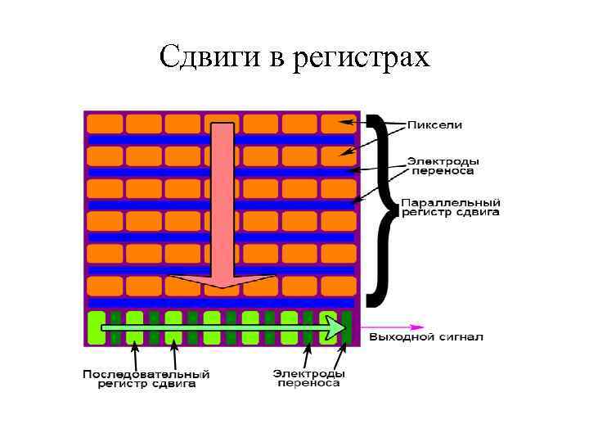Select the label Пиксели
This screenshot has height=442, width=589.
[435, 125]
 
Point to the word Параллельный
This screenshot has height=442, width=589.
[450, 201]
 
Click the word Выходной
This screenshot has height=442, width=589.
[399, 336]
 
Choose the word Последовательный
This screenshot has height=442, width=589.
[146, 374]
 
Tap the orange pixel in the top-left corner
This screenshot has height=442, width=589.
[105, 124]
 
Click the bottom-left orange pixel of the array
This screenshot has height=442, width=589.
[105, 286]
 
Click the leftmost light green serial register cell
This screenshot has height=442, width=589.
[96, 327]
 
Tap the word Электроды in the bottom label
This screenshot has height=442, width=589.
[308, 373]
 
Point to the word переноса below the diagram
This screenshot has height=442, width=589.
[308, 383]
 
